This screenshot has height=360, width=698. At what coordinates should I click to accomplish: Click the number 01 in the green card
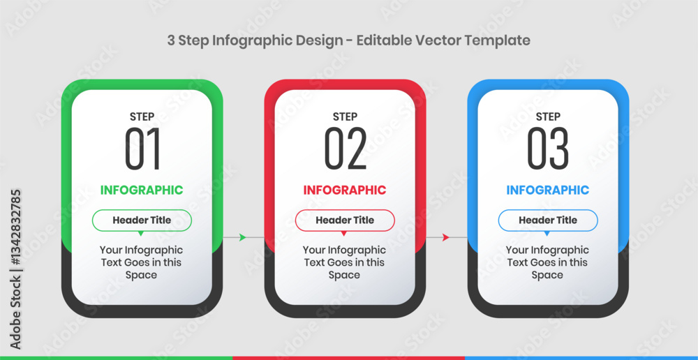(x=142, y=149)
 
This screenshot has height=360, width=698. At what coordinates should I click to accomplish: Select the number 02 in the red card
(x=345, y=149)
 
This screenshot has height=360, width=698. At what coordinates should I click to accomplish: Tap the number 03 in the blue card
(x=548, y=149)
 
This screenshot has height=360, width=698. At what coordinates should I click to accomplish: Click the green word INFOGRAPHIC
(x=142, y=190)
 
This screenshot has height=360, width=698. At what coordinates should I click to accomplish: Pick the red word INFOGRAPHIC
(x=345, y=190)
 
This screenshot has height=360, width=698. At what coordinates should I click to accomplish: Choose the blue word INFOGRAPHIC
(x=547, y=190)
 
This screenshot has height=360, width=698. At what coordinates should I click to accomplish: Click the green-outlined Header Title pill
(x=142, y=220)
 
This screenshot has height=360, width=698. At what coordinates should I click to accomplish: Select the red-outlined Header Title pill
(x=345, y=220)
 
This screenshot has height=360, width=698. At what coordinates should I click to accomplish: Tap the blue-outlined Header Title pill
(x=548, y=220)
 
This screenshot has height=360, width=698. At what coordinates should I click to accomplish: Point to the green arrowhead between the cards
(x=243, y=238)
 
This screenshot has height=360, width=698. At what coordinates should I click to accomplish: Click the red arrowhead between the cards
(x=445, y=238)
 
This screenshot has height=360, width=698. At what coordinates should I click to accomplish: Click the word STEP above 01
(x=142, y=117)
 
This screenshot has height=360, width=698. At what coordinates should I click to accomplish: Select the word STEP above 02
(x=345, y=117)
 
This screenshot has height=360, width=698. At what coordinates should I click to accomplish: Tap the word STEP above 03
(x=548, y=117)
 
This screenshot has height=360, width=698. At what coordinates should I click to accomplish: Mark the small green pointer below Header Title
(x=141, y=233)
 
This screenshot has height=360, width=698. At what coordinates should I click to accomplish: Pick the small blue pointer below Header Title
(x=547, y=233)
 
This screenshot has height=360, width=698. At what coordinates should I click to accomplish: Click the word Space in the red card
(x=344, y=276)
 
